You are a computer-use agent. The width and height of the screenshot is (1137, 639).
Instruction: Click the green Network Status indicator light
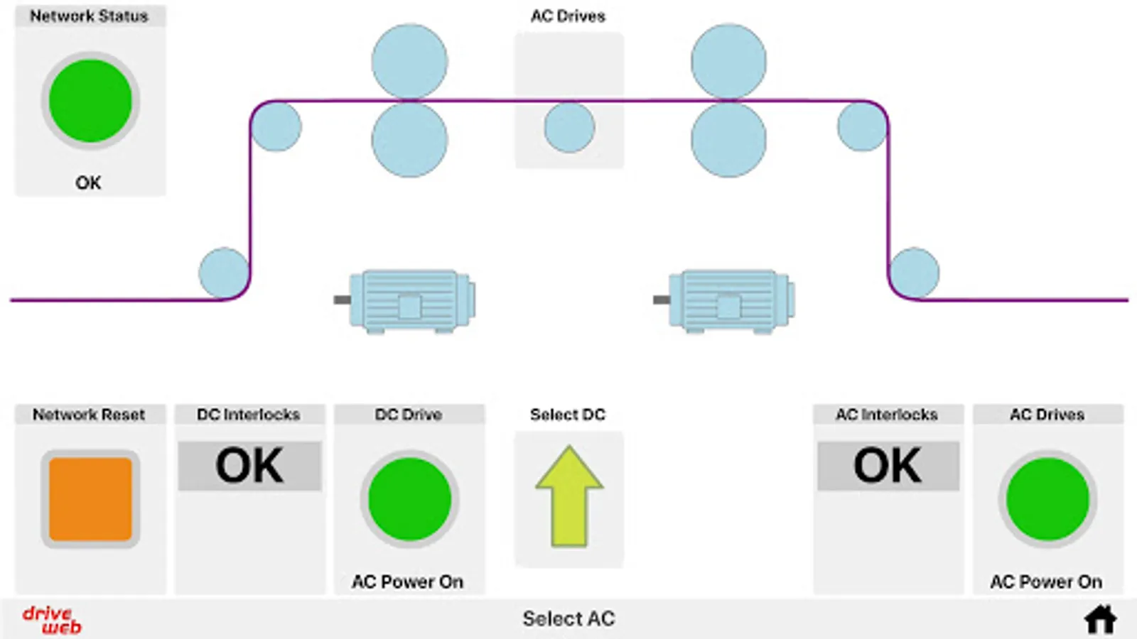tap(90, 101)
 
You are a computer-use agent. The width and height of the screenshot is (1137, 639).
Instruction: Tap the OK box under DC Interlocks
tap(249, 466)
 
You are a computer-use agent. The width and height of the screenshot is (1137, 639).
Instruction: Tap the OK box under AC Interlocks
tap(888, 466)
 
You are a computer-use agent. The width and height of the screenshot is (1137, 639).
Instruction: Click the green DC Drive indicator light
tap(409, 499)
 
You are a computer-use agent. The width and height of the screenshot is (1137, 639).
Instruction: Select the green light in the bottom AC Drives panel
tap(1047, 499)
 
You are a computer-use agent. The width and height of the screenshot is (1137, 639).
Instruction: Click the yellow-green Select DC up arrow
tap(569, 496)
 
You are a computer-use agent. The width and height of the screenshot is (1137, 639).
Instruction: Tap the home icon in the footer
tap(1100, 619)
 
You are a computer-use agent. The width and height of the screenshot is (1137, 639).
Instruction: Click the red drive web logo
tap(52, 620)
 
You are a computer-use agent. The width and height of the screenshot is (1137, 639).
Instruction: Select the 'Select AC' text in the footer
tap(568, 619)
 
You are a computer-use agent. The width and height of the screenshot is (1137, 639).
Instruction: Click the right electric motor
tap(729, 301)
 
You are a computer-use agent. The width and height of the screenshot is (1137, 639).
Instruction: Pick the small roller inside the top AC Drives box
tap(569, 128)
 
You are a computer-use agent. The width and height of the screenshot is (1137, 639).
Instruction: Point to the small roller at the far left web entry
tap(224, 273)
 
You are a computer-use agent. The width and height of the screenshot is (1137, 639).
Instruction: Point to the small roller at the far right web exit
tap(915, 273)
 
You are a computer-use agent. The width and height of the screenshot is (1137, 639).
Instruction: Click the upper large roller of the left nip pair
tap(409, 62)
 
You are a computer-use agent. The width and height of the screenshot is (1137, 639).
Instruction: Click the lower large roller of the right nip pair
tap(728, 139)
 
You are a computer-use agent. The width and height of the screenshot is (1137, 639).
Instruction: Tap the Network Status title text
tap(89, 16)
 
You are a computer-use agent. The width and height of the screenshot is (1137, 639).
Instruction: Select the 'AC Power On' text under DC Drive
tap(408, 582)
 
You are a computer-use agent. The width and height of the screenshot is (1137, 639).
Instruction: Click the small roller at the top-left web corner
tap(276, 126)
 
